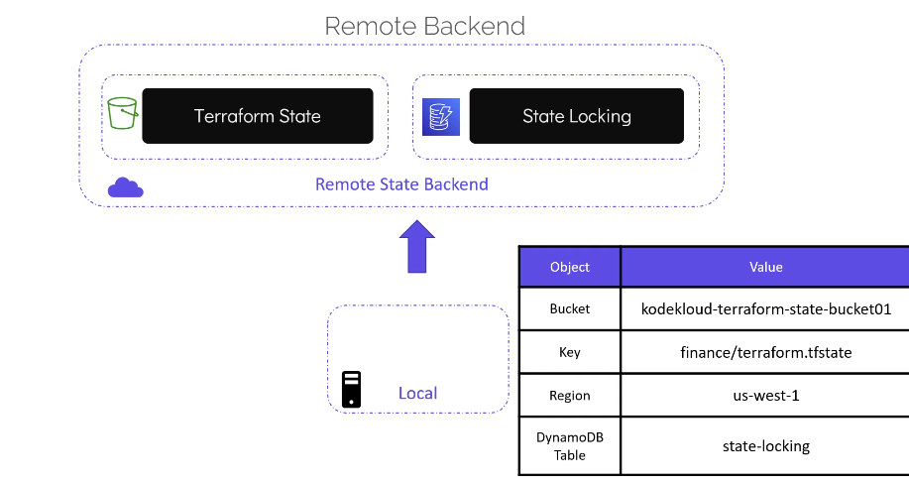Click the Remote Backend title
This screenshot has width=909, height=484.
tap(425, 26)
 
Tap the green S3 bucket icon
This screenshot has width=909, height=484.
tap(122, 113)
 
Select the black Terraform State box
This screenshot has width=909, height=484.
tap(258, 116)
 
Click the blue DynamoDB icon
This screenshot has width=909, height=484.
tap(440, 117)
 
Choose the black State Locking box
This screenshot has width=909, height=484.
tap(576, 116)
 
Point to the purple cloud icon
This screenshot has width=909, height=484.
tap(125, 187)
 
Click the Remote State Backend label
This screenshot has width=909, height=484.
tap(401, 184)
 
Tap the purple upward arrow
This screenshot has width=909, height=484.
tap(416, 247)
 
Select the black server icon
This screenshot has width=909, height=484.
tap(351, 390)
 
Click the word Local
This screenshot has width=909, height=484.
tap(417, 393)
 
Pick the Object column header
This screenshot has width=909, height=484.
tap(570, 267)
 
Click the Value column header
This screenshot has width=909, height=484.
tap(766, 267)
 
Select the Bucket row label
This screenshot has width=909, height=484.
tap(570, 308)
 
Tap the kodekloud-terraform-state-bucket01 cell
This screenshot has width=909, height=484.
tap(766, 309)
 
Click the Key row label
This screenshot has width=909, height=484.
tap(570, 352)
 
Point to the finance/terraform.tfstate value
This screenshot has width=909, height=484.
tap(766, 352)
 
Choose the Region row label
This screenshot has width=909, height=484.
tap(570, 396)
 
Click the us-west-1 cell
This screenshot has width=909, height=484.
tap(766, 396)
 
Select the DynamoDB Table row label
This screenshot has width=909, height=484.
tap(570, 446)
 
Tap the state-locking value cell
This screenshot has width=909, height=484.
tap(766, 446)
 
